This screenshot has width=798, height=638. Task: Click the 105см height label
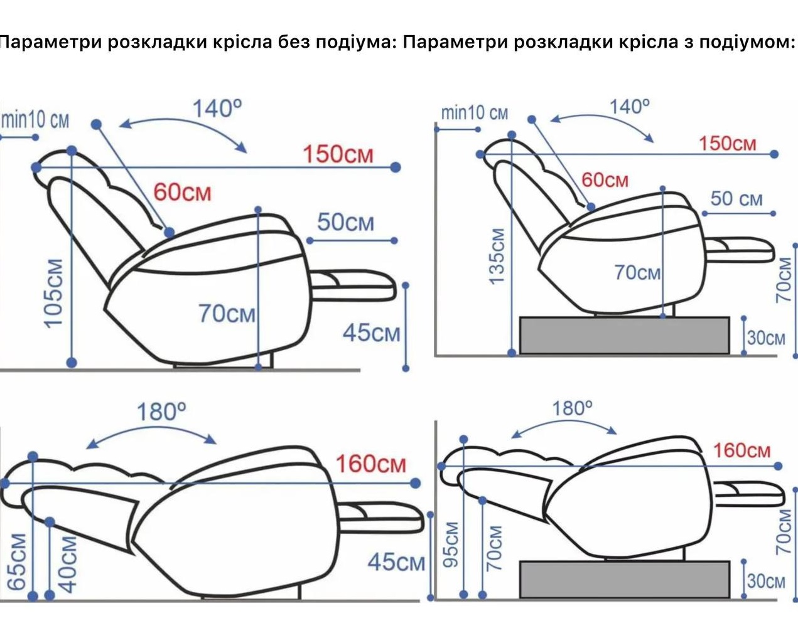55,292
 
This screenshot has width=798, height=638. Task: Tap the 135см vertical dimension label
497,256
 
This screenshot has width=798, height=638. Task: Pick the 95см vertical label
451,543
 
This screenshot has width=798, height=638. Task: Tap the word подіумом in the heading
747,42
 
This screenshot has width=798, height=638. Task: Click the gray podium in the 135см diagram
624,335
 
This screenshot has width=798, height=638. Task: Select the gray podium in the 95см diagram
624,579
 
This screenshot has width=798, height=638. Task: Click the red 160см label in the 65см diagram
370,464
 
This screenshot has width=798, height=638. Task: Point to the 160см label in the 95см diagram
741,450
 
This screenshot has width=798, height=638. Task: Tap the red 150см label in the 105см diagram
338,154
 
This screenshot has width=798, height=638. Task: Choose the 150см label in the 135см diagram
728,144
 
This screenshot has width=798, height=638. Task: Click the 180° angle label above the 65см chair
161,412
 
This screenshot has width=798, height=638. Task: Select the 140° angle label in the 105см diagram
217,109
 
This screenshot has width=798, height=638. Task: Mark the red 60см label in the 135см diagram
605,180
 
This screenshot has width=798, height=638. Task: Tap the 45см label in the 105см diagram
371,333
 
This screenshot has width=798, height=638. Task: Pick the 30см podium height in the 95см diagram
766,582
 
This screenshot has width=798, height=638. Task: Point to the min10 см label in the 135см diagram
474,114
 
